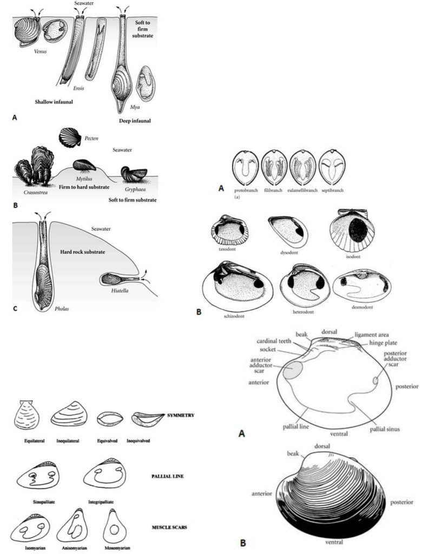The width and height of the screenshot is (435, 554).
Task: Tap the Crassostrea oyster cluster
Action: [34, 167]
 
